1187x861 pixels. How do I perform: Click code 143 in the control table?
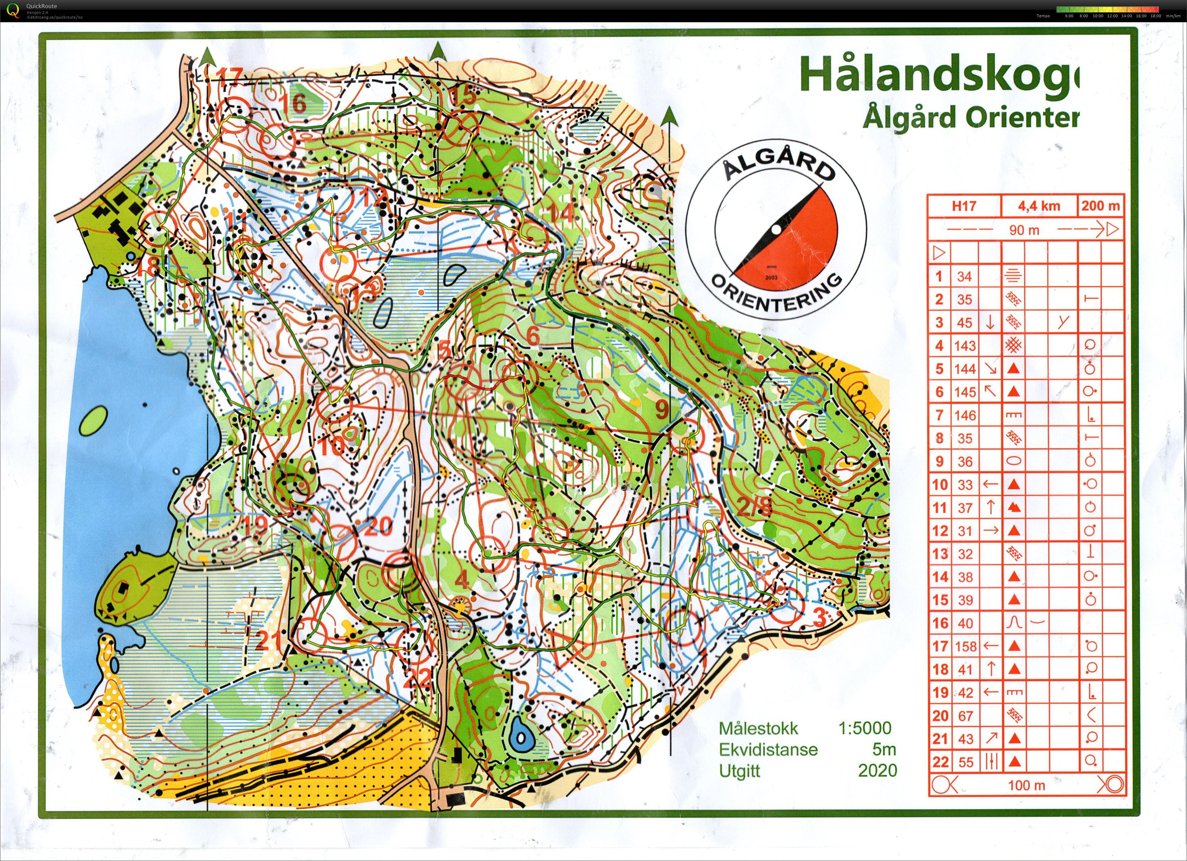pyautogui.click(x=965, y=346)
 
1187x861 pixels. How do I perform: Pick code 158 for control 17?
pyautogui.click(x=965, y=646)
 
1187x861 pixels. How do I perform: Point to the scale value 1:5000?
pyautogui.click(x=864, y=728)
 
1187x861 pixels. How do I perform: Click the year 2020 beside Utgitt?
pyautogui.click(x=877, y=770)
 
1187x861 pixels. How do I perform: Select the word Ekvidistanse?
pyautogui.click(x=768, y=749)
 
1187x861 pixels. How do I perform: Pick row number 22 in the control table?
pyautogui.click(x=940, y=762)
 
